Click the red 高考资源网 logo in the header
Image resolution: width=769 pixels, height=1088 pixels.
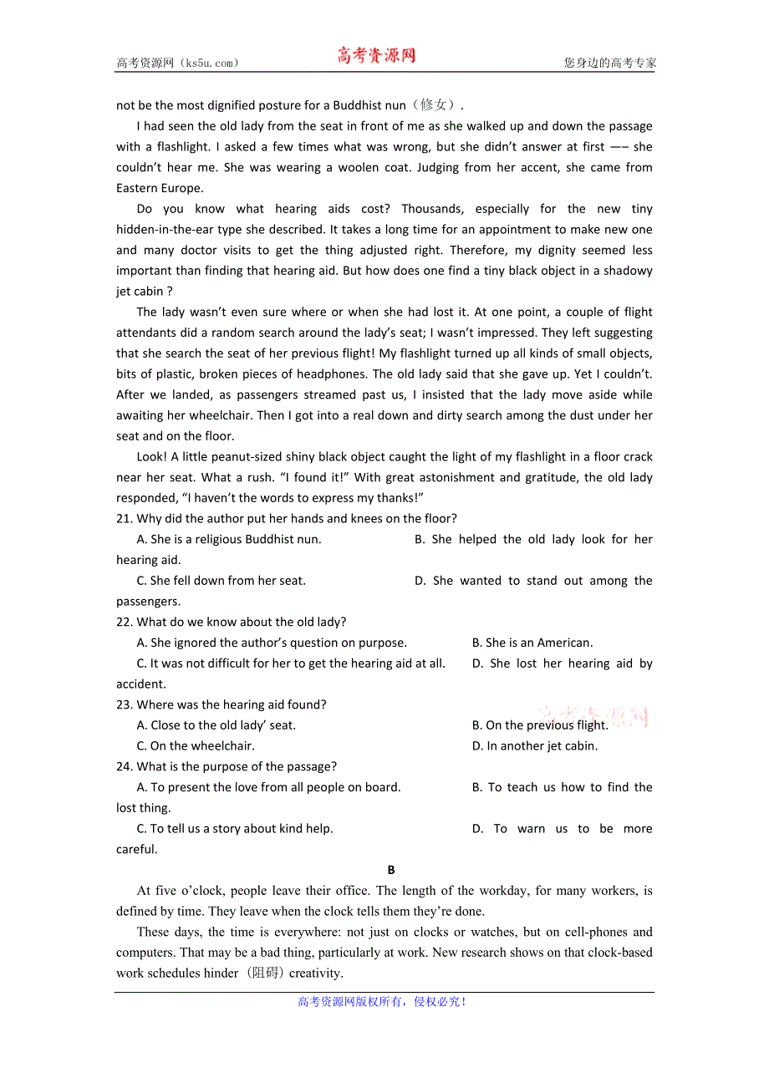pyautogui.click(x=376, y=56)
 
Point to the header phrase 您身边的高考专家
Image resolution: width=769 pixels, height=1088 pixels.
pyautogui.click(x=609, y=63)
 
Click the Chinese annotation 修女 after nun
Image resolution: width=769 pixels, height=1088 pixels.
pyautogui.click(x=434, y=105)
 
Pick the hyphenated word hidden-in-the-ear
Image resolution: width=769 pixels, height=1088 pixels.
pyautogui.click(x=170, y=230)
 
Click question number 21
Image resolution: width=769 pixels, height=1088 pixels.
pyautogui.click(x=124, y=519)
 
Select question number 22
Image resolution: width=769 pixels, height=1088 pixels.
pyautogui.click(x=124, y=623)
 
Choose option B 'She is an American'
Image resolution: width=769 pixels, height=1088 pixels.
pyautogui.click(x=532, y=643)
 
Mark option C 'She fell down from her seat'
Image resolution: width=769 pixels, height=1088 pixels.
pyautogui.click(x=221, y=581)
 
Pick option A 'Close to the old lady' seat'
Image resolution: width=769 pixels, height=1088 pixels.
pyautogui.click(x=216, y=725)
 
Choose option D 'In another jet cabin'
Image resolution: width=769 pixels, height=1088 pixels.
pyautogui.click(x=535, y=746)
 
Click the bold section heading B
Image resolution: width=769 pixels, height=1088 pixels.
pyautogui.click(x=391, y=870)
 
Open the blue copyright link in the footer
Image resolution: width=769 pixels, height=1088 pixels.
pyautogui.click(x=382, y=1002)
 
